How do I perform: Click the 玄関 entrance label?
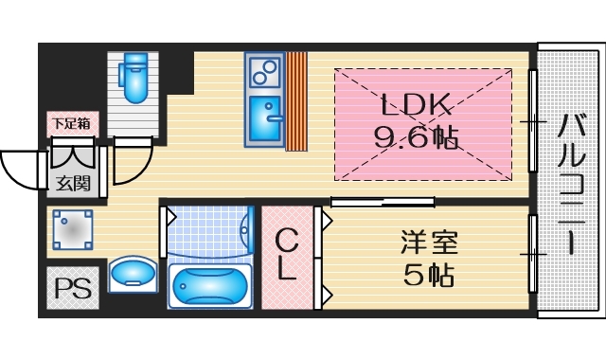[71, 184]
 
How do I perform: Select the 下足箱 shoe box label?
[71, 122]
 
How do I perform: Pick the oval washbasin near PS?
[134, 275]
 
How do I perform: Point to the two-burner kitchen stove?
[265, 70]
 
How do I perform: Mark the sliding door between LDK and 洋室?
[383, 201]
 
